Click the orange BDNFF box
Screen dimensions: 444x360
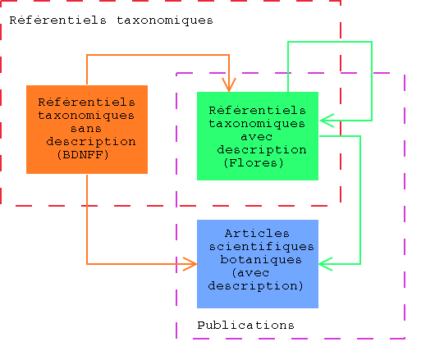(87, 130)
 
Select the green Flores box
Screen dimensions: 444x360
(258, 136)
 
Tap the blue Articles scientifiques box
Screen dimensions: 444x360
(258, 264)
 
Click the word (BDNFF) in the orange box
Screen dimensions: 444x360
(83, 155)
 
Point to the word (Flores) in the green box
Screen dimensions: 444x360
(254, 162)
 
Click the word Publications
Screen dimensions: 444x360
(245, 326)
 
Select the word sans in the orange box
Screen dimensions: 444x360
(86, 129)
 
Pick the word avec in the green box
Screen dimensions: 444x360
(257, 137)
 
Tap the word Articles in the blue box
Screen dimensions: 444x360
(257, 234)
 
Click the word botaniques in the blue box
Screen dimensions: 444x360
(261, 259)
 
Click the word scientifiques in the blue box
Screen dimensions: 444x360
(261, 247)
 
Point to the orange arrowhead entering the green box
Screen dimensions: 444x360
(229, 85)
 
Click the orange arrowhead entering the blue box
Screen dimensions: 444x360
(190, 264)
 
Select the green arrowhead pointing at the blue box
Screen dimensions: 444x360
(326, 264)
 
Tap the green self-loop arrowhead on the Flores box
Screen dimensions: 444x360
(327, 121)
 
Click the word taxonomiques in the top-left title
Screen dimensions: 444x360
(165, 21)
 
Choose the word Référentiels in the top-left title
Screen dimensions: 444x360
(58, 21)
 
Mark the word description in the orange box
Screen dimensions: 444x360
(91, 142)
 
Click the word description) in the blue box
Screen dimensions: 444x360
(256, 285)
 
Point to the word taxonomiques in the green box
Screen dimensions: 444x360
(257, 124)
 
